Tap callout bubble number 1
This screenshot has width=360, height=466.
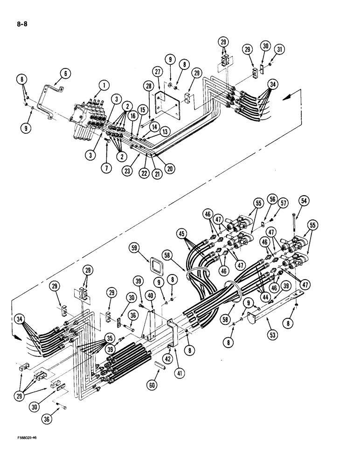pos(103,84)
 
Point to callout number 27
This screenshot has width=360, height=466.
pos(157,72)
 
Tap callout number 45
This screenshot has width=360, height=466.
pos(182,233)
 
